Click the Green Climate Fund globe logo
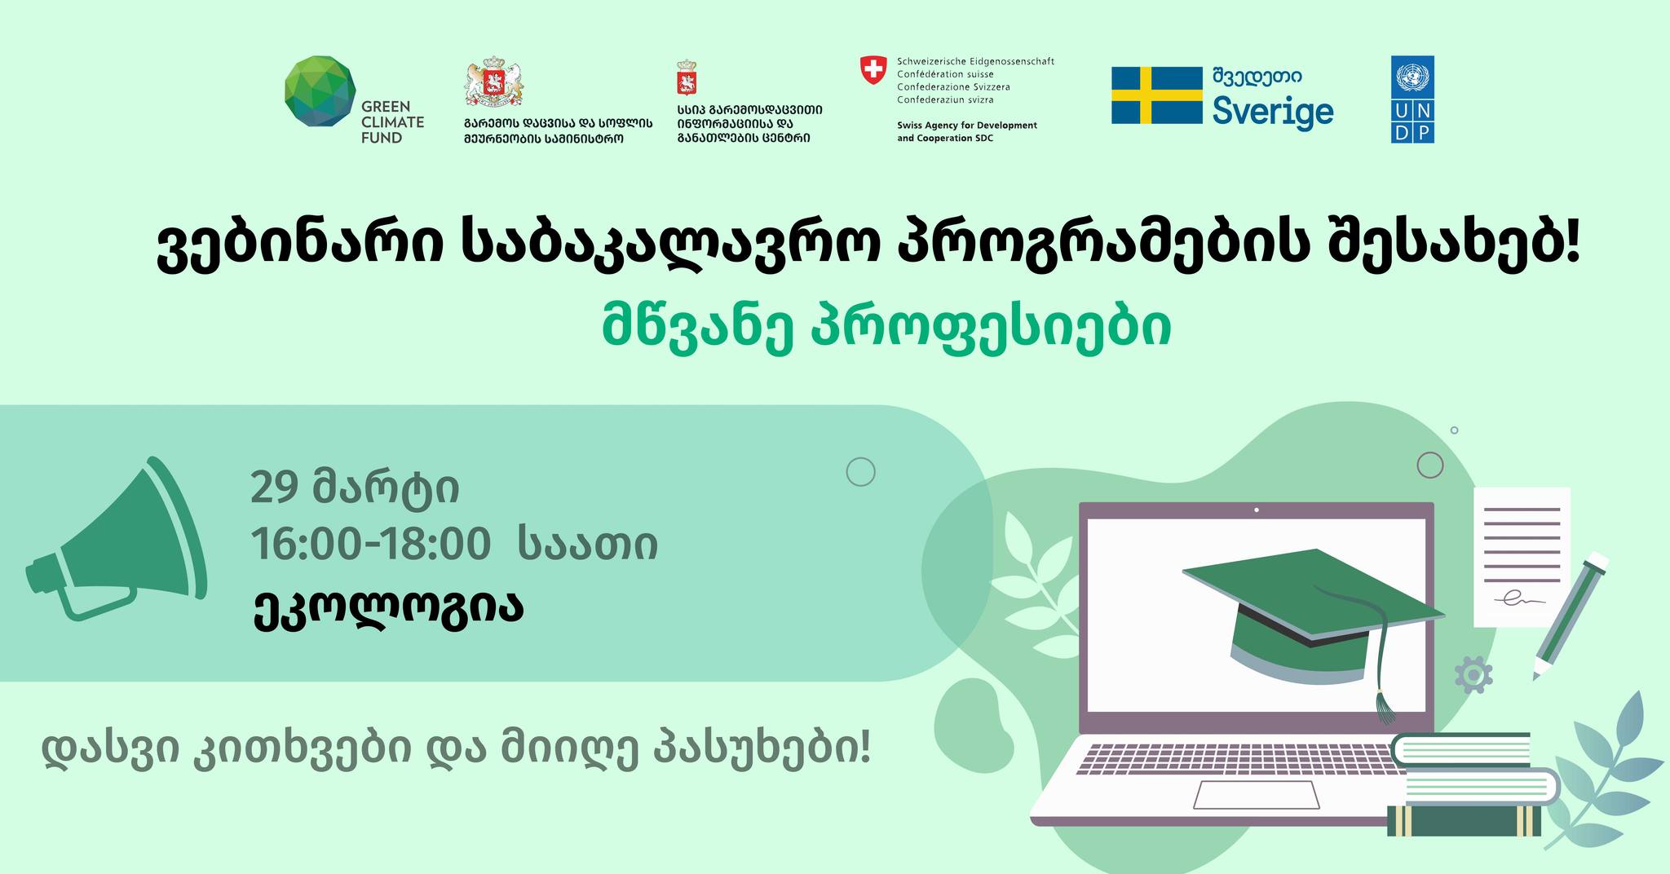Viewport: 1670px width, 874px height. tap(320, 91)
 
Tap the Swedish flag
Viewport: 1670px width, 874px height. tap(1156, 95)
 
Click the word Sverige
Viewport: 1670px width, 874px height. tap(1272, 113)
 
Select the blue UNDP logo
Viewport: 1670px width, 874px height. tap(1412, 99)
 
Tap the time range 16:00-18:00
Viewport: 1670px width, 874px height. tap(371, 545)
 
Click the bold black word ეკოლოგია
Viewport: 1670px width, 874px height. tap(387, 608)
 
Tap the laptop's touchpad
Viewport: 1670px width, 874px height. tap(1256, 794)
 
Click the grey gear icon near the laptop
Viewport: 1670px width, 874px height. tap(1473, 675)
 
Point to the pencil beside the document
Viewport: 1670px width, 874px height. tap(1571, 616)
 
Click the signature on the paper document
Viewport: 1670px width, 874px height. tap(1519, 601)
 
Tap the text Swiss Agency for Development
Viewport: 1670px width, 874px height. tap(967, 126)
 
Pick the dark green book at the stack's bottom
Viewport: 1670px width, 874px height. tap(1465, 822)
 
